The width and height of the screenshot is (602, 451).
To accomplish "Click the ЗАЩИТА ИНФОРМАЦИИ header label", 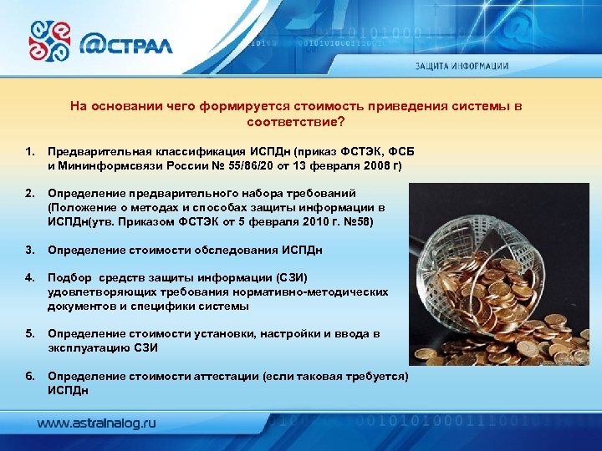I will point(473,66).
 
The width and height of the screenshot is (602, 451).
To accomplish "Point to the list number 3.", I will point(30,250).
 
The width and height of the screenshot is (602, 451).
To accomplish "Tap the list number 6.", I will point(30,377).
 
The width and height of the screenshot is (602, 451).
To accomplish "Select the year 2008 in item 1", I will point(375,166).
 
